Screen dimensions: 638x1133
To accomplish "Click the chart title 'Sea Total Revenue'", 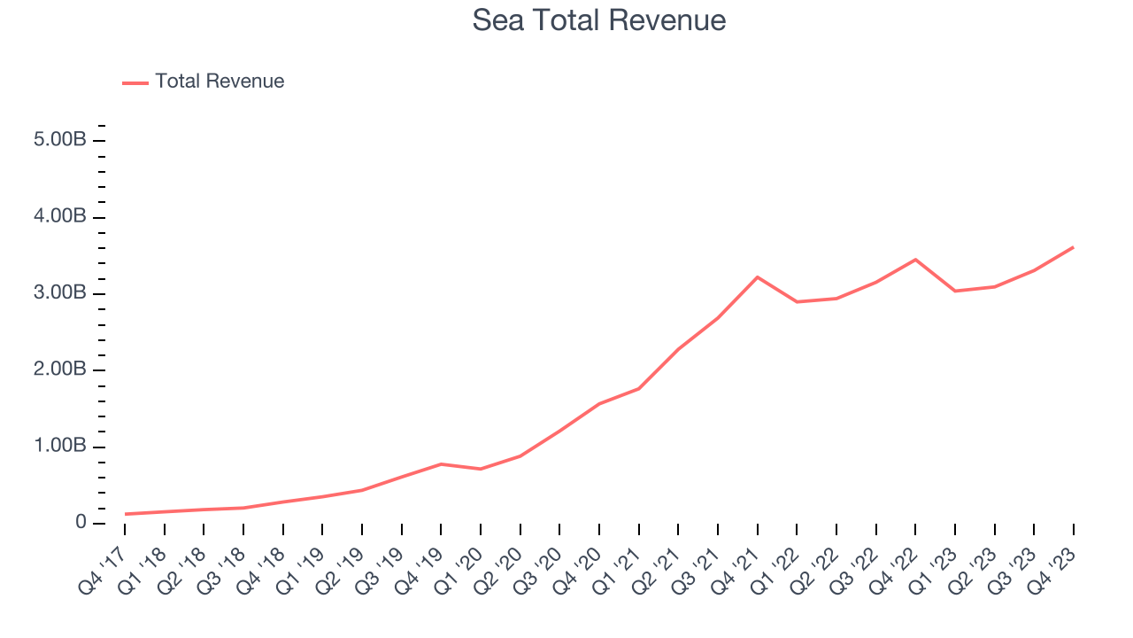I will (599, 20).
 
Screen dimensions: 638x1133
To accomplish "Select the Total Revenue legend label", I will (220, 82).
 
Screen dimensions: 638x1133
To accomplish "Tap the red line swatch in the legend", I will (135, 82).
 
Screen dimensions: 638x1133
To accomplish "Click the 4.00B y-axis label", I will (61, 217).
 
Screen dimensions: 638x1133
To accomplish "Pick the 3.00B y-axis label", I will (61, 293).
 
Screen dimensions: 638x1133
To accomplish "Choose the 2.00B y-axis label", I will (61, 370).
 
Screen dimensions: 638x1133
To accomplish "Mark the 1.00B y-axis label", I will (61, 446).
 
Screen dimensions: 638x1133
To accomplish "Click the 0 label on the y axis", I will (81, 523).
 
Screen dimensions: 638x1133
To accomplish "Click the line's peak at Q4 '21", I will (758, 277).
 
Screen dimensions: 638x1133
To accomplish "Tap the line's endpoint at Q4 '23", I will (1074, 247).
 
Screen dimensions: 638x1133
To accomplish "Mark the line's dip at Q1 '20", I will (481, 469).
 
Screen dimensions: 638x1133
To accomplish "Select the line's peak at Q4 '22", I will (915, 260).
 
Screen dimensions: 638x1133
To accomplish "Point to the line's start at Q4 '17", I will (125, 514).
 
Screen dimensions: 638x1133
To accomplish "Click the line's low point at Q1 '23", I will (955, 291).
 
